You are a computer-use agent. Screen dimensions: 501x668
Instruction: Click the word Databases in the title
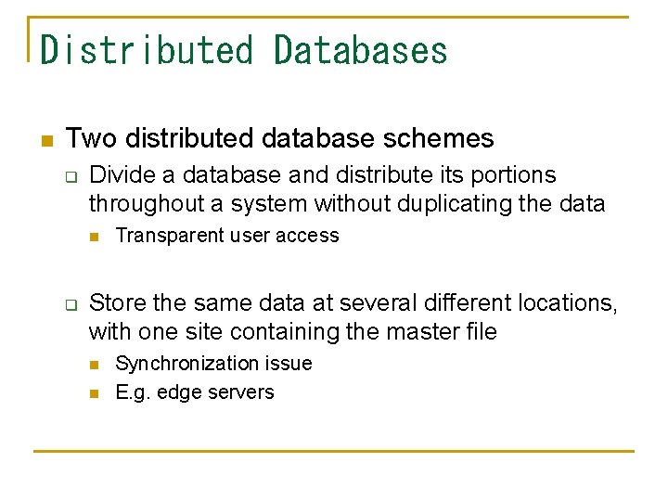[x=361, y=50]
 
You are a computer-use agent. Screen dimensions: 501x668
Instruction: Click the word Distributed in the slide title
[x=147, y=50]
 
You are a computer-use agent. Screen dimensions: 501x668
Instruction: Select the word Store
[x=112, y=303]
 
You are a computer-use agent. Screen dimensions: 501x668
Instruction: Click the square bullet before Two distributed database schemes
[x=45, y=141]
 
